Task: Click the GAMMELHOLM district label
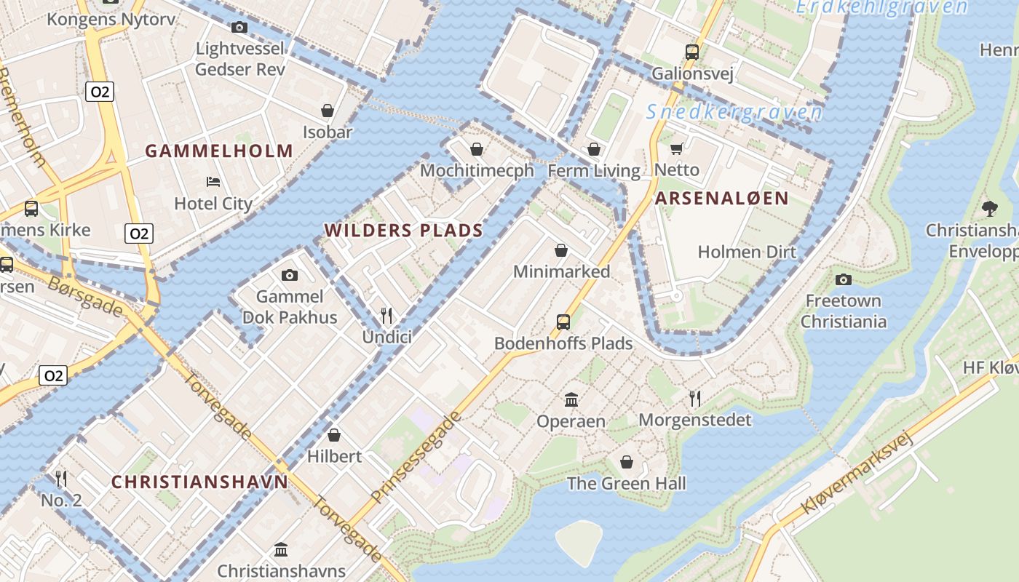click(x=219, y=151)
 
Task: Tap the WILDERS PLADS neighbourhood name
click(x=403, y=231)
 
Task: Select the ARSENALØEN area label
click(x=721, y=199)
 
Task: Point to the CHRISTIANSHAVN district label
click(x=199, y=482)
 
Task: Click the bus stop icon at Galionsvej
click(x=691, y=52)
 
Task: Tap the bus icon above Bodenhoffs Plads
click(x=563, y=322)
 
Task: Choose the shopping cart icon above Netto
click(x=676, y=149)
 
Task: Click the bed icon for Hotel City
click(x=213, y=181)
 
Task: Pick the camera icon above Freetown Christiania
click(x=843, y=279)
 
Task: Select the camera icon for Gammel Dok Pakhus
click(x=290, y=275)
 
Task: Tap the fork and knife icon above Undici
click(x=386, y=315)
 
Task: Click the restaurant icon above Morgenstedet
click(x=695, y=398)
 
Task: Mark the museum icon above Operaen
click(x=571, y=399)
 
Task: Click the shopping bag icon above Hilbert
click(x=334, y=435)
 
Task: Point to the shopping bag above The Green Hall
click(x=626, y=462)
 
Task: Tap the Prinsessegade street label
click(x=416, y=458)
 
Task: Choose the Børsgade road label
click(x=85, y=296)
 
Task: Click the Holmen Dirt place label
click(x=747, y=252)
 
